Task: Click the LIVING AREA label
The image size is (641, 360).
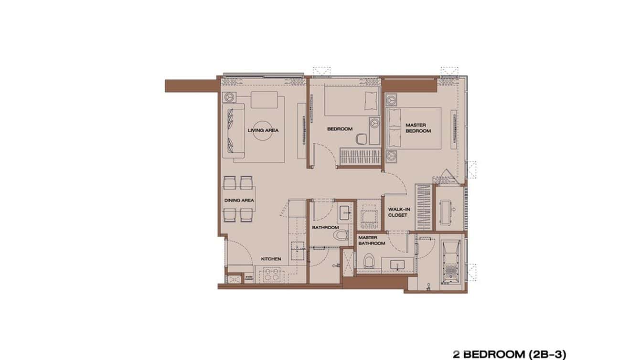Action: (x=263, y=130)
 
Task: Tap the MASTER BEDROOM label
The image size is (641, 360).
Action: (x=418, y=128)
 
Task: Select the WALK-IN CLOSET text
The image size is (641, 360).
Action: (x=397, y=212)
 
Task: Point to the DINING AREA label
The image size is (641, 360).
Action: (x=239, y=201)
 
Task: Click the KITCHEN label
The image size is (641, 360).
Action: (x=271, y=259)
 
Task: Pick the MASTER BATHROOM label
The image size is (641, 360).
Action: (x=372, y=240)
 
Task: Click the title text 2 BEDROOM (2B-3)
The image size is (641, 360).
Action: (x=509, y=354)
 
